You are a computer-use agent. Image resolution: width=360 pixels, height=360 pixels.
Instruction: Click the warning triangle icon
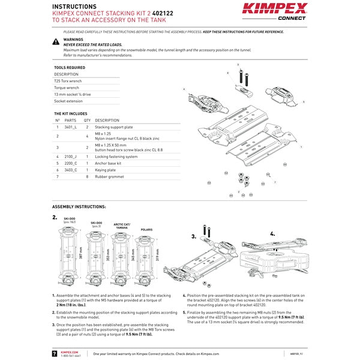pyautogui.click(x=56, y=42)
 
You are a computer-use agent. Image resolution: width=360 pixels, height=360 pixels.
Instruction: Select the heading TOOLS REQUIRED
pyautogui.click(x=70, y=68)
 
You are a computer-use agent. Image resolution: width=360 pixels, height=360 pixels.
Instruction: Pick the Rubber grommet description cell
pyautogui.click(x=110, y=177)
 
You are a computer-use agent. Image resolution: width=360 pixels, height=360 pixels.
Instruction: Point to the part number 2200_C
pyautogui.click(x=71, y=163)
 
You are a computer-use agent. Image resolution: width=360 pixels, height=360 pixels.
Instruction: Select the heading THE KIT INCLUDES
pyautogui.click(x=71, y=113)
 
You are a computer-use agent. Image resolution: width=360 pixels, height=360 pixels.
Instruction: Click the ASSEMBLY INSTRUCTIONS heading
pyautogui.click(x=79, y=206)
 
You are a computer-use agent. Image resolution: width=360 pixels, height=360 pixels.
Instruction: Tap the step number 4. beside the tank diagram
pyautogui.click(x=272, y=233)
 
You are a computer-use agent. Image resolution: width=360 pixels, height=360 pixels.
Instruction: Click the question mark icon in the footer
pyautogui.click(x=55, y=353)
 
